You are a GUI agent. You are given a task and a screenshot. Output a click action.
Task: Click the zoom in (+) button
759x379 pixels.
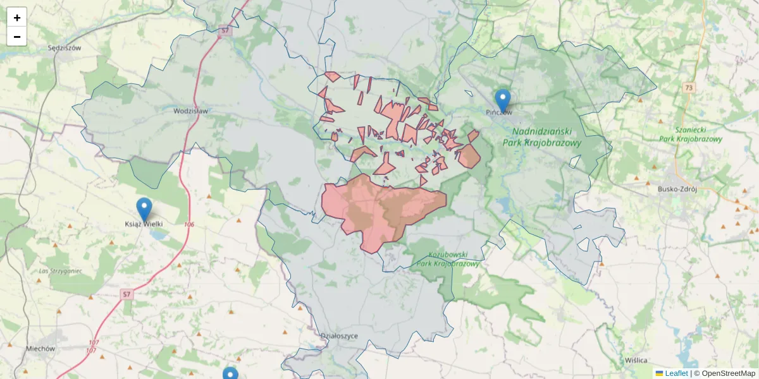click(x=17, y=18)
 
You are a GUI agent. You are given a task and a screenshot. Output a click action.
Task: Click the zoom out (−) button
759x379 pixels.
click(x=17, y=37)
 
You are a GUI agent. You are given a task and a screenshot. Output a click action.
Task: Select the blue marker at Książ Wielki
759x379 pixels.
click(x=144, y=209)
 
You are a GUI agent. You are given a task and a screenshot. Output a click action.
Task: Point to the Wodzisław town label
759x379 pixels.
click(x=190, y=111)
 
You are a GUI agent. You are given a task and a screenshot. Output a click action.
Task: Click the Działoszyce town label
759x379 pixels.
click(x=339, y=336)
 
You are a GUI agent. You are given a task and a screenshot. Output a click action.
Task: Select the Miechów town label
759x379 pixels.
click(x=40, y=348)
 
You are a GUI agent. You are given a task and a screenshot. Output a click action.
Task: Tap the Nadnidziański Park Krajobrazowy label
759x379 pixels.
click(x=542, y=137)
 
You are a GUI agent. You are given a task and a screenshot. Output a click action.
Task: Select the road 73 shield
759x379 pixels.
click(x=689, y=87)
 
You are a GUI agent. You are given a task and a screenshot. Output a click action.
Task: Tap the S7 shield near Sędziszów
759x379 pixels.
click(x=225, y=30)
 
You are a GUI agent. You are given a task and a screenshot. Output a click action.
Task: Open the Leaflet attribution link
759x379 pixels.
click(x=676, y=373)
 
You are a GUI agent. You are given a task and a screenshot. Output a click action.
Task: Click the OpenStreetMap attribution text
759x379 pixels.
click(x=728, y=373)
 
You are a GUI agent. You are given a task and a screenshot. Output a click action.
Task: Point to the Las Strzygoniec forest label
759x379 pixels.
click(x=60, y=271)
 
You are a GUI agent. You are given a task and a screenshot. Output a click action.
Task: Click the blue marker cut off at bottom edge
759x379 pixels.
click(x=230, y=374)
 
